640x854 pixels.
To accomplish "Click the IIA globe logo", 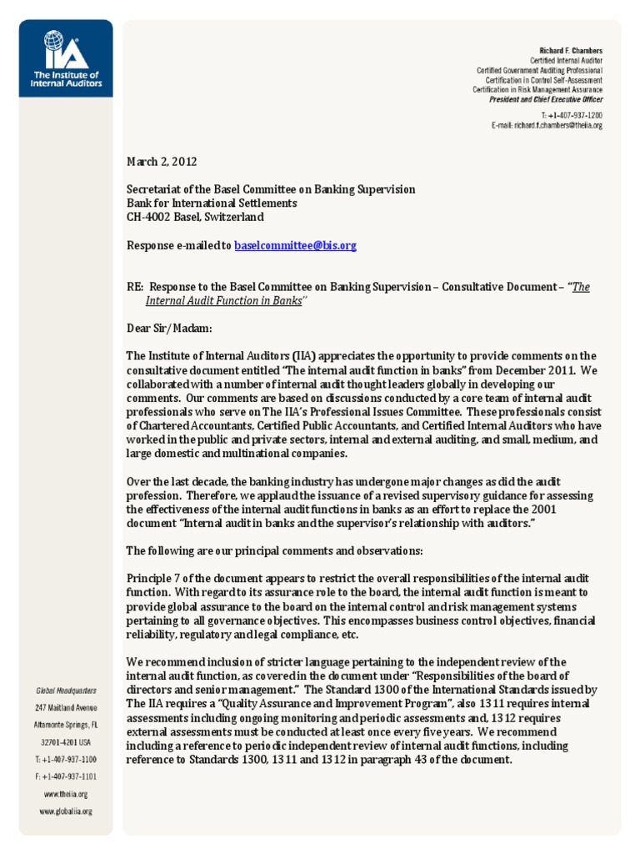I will point(55,41).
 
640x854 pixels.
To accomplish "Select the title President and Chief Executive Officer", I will point(545,98).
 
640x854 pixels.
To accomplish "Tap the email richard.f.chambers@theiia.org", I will point(547,125).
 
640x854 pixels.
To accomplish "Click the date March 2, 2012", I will point(162,161).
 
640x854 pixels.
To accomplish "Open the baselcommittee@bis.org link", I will point(295,245).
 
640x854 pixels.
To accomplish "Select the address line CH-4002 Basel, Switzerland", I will point(195,217).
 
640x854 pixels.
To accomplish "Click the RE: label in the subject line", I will point(135,287).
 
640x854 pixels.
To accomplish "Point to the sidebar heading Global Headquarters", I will point(66,691).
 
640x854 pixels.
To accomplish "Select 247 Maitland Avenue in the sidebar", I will point(66,707).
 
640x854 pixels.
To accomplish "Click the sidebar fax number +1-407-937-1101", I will point(66,776).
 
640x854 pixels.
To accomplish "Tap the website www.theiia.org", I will point(66,794).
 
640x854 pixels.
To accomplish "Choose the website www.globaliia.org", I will point(66,811).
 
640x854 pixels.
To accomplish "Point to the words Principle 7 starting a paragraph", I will point(153,578).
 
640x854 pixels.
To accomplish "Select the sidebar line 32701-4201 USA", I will point(66,741).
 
